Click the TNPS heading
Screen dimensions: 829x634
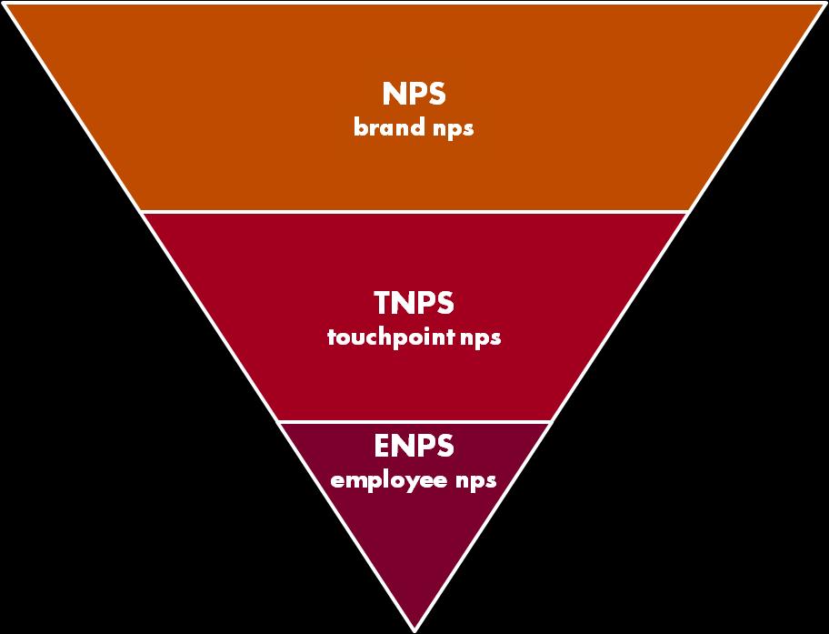pos(414,303)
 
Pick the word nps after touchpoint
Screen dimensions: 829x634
pos(481,338)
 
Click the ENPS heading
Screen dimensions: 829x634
pos(414,447)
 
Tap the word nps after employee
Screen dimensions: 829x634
pos(475,481)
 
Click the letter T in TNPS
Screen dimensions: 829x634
pos(381,303)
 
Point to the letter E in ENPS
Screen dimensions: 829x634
pos(382,447)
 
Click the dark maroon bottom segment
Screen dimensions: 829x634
pos(414,546)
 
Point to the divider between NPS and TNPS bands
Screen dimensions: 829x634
pos(414,211)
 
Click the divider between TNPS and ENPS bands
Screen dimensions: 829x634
pos(414,422)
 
